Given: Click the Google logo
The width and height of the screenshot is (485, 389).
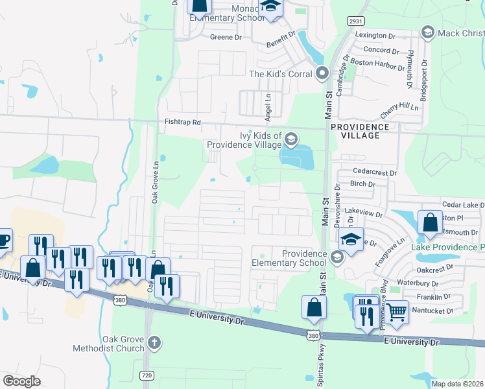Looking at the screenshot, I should point(21,381).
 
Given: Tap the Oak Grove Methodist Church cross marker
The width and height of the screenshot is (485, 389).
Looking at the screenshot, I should point(153,342).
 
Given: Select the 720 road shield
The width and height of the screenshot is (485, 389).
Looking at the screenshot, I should point(146,375).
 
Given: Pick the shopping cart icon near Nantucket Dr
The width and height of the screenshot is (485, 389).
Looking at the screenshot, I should point(397,312).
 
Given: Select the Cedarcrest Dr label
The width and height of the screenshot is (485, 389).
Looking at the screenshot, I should point(374,172).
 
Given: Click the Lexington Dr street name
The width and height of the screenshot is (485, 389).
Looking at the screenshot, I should point(375,35).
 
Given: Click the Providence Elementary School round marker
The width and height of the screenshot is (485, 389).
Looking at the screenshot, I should point(336,258).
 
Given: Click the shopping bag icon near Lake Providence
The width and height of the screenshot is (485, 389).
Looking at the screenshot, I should point(429,222).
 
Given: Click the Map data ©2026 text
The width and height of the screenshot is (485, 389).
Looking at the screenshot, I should point(457,383).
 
